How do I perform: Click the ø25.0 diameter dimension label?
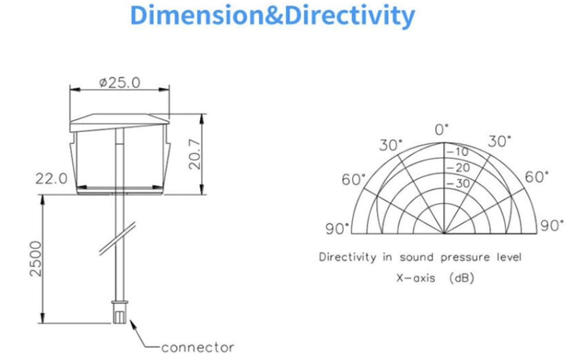[120, 83]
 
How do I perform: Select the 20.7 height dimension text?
[195, 154]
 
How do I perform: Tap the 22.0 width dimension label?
[51, 179]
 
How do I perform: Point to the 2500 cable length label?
[36, 259]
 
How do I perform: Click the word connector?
[198, 348]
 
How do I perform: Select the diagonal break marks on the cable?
[118, 238]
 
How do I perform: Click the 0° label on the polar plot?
[441, 130]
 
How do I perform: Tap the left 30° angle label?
[391, 145]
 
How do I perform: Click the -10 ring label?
[458, 152]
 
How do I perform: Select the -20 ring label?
[459, 168]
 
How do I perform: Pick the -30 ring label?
[459, 183]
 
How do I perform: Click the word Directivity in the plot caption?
[348, 257]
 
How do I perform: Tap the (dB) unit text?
[462, 278]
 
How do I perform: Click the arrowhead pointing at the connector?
[133, 324]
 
